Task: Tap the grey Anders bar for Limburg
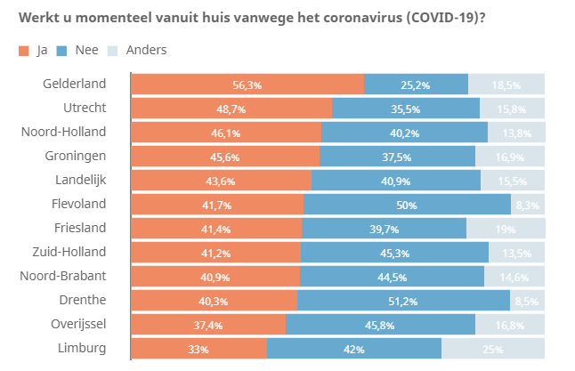(x=494, y=349)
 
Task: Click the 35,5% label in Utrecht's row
(x=406, y=109)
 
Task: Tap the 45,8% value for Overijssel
(x=380, y=325)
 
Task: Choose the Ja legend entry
(x=33, y=50)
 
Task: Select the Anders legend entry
(x=137, y=50)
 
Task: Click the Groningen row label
(x=76, y=156)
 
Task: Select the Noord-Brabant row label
(x=63, y=276)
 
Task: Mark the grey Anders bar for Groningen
(x=509, y=157)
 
